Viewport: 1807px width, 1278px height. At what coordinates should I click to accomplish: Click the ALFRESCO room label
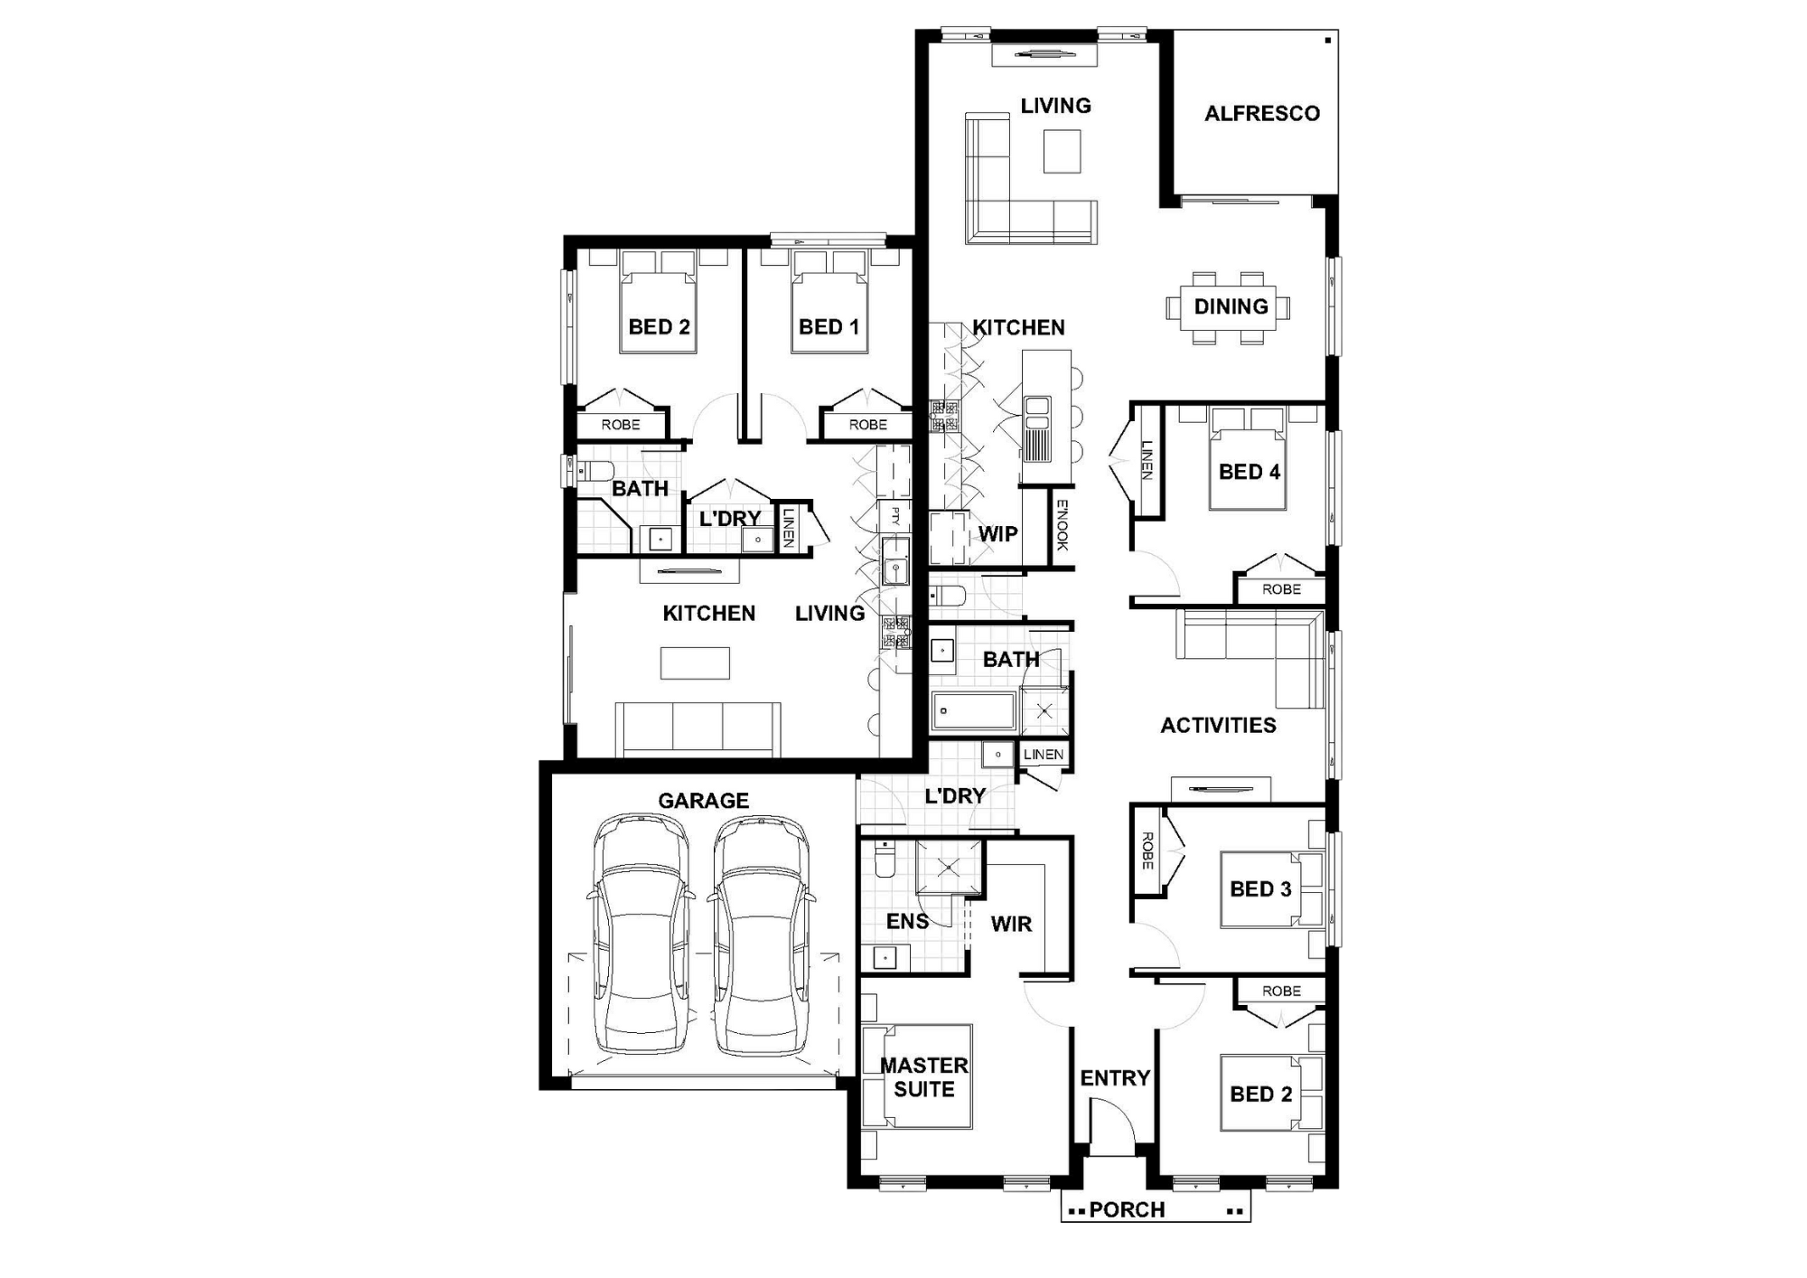tap(1262, 114)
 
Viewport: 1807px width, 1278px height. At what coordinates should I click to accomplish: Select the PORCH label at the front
tap(1127, 1209)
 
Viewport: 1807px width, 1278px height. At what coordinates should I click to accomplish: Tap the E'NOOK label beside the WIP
tap(1063, 525)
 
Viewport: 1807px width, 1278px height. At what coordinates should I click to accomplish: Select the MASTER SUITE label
tap(924, 1077)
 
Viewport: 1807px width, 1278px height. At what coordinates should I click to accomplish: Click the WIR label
tap(1011, 925)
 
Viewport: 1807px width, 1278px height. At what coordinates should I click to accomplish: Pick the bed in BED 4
tap(1248, 458)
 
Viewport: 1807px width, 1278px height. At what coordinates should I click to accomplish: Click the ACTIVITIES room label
tap(1218, 726)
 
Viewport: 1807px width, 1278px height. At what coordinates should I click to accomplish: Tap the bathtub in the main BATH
tap(974, 711)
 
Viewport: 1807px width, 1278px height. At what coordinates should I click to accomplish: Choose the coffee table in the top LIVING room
tap(1063, 151)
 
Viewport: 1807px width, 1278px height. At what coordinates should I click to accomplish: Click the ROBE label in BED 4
tap(1281, 589)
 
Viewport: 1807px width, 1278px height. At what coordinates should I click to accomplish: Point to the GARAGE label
tap(703, 801)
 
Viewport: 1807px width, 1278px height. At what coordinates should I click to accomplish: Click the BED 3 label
tap(1260, 889)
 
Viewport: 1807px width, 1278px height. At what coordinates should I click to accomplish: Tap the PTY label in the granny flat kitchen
tap(894, 516)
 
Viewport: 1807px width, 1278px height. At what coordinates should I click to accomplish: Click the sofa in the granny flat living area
tap(698, 728)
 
